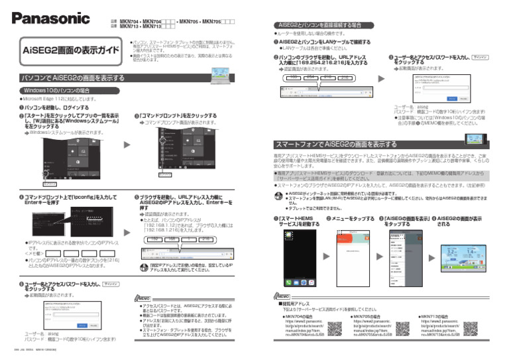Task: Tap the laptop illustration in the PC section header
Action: coord(219,74)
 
